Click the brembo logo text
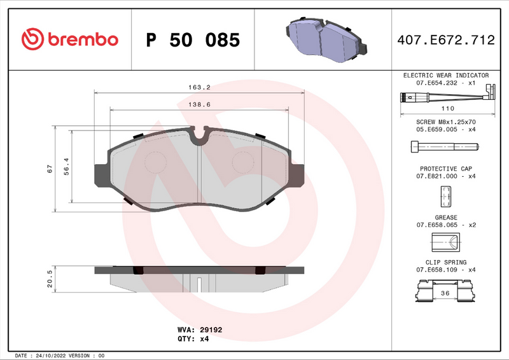81,39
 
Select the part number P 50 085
193,40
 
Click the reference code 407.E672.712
445,40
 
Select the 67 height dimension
50,169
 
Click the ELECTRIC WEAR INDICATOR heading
445,75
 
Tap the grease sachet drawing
445,242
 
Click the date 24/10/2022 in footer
46,355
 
